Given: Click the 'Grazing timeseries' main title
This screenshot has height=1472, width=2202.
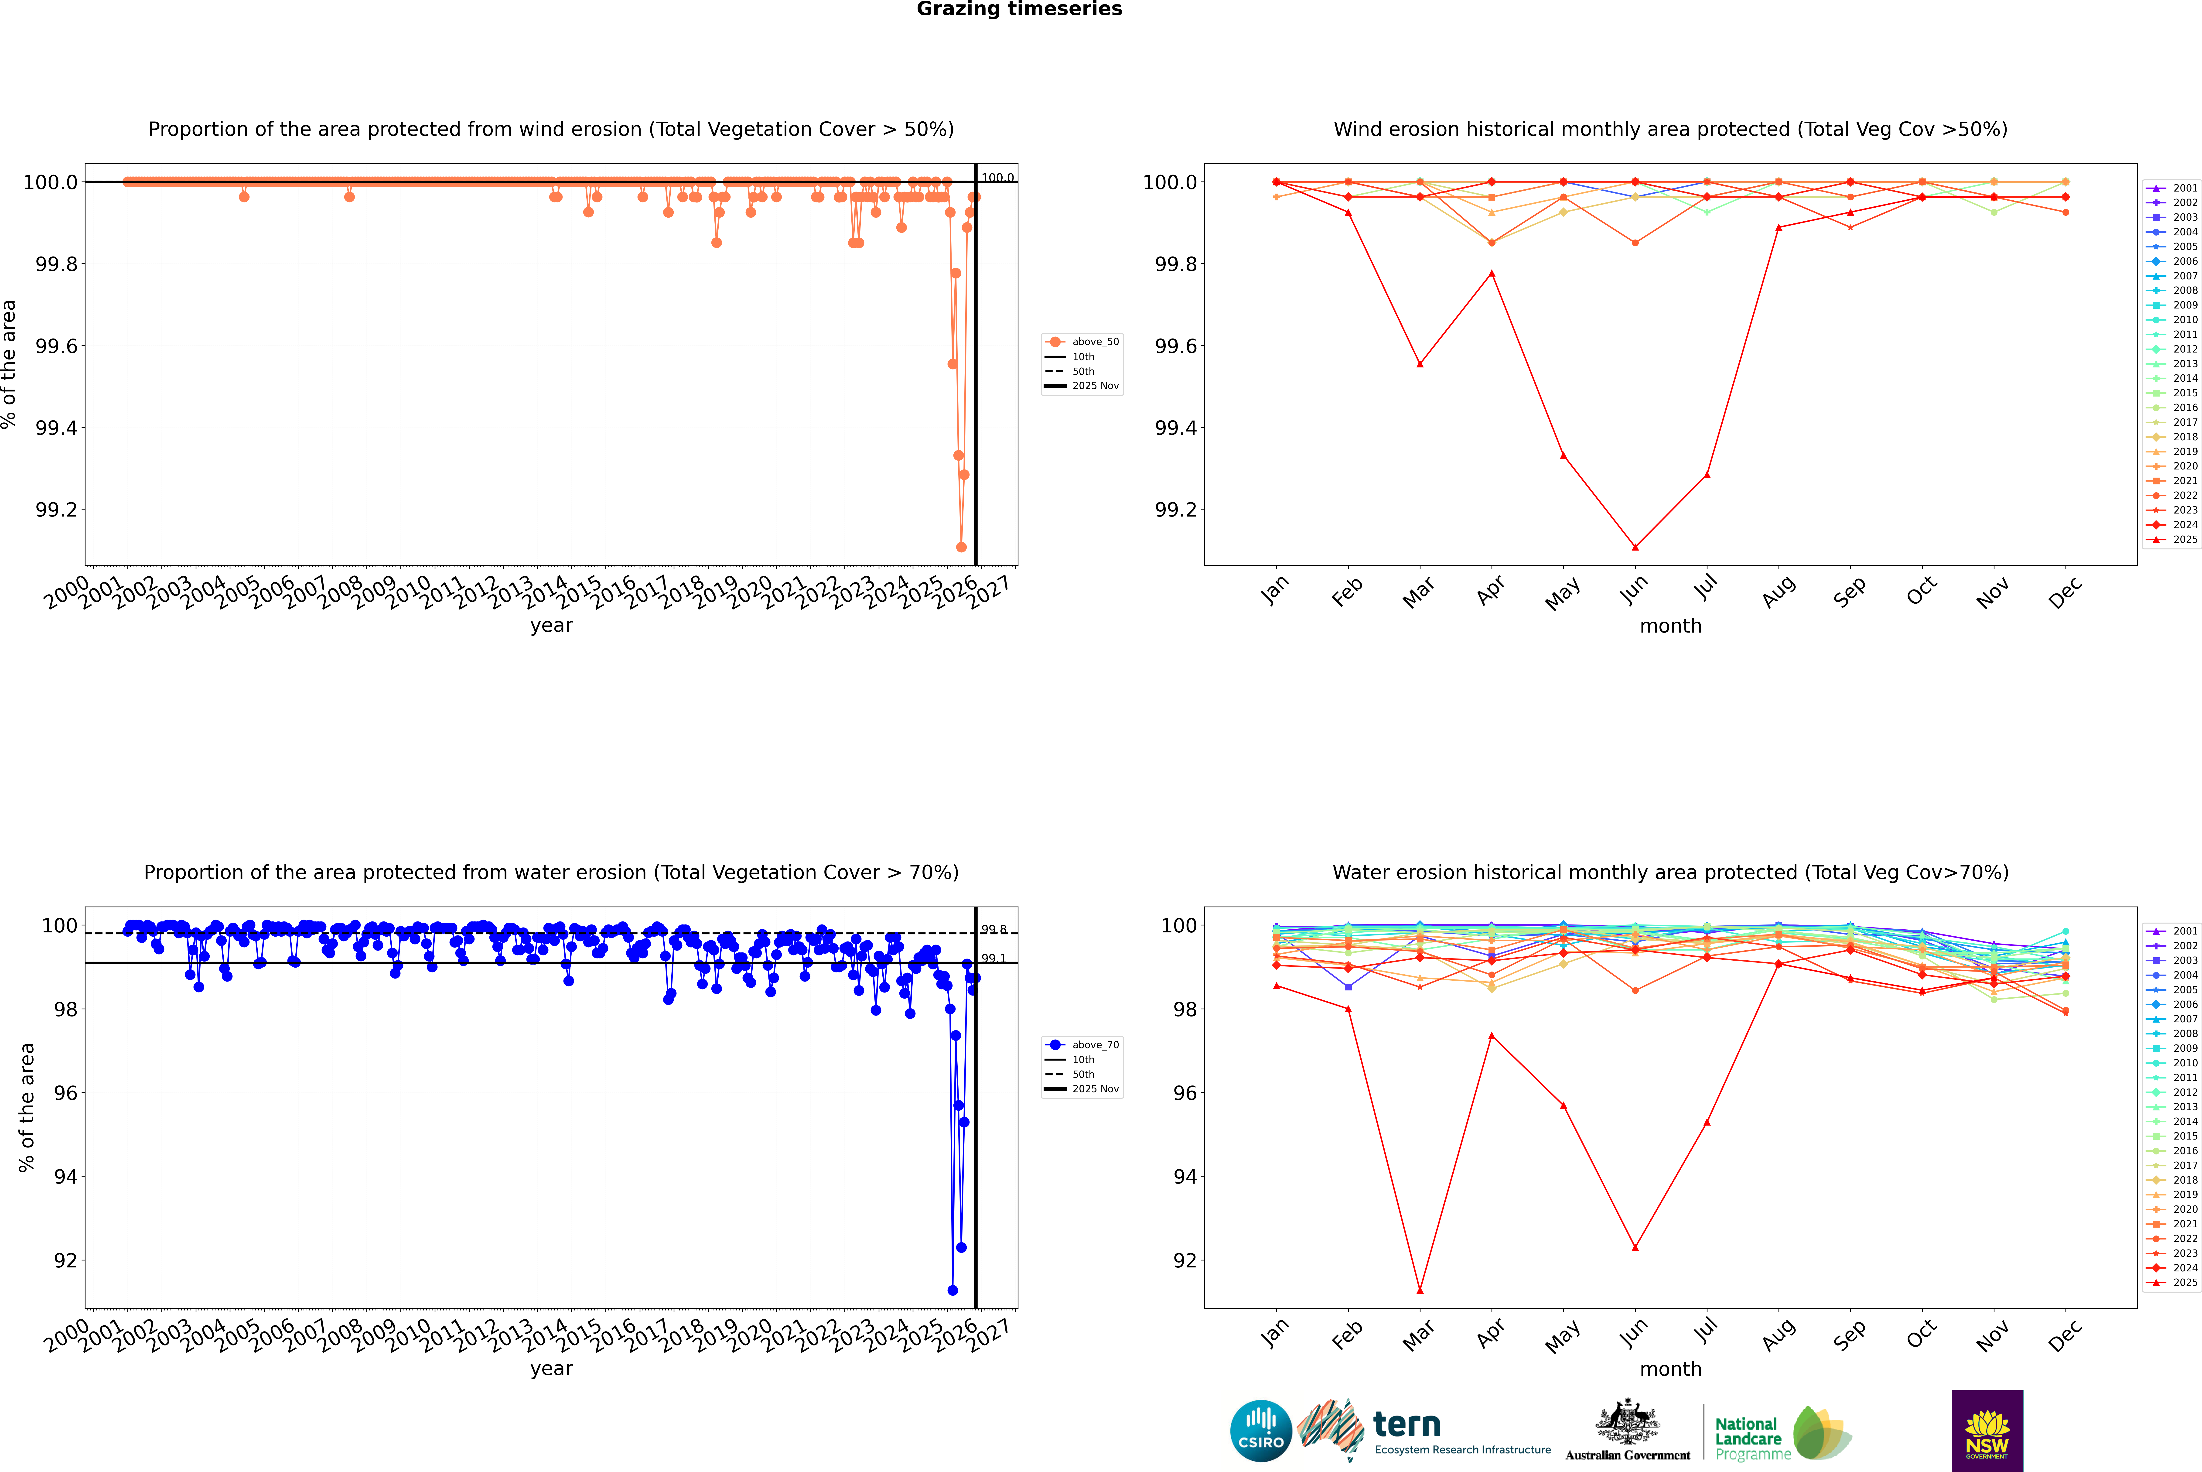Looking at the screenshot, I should click(x=1019, y=9).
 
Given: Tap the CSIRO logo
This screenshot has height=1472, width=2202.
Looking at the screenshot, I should click(x=1261, y=1431).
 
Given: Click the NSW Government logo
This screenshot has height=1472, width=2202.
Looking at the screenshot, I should click(x=1987, y=1431).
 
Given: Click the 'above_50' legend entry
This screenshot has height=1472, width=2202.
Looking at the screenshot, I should click(x=1094, y=342).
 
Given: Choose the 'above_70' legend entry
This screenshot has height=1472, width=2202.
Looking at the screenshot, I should click(x=1094, y=1045).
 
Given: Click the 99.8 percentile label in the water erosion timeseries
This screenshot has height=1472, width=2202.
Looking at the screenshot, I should click(x=994, y=929).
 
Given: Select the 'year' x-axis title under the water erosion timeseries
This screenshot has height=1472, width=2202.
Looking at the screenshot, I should click(x=551, y=1369).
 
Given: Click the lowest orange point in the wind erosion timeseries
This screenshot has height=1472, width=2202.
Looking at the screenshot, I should click(x=961, y=547).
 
